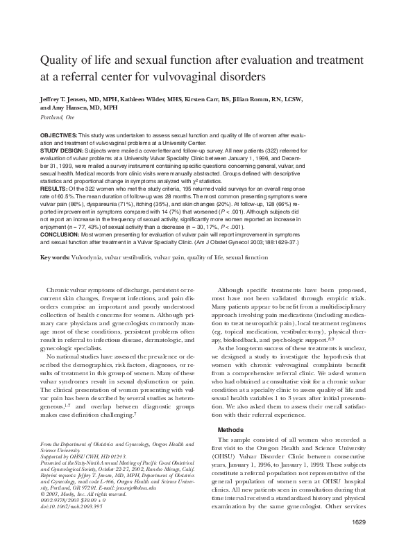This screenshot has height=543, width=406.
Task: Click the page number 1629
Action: tap(357, 521)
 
